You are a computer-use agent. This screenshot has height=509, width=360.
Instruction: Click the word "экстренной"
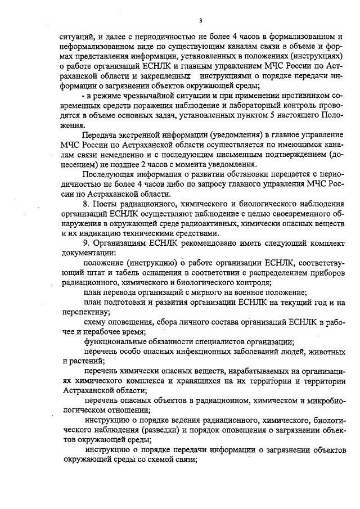[139, 136]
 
